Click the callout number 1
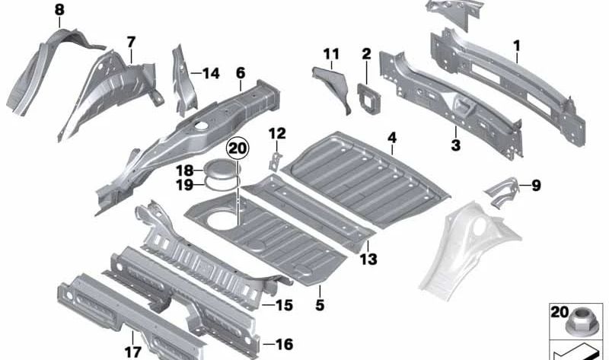517,47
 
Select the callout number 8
59,10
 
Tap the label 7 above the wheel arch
131,42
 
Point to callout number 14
210,74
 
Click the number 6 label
241,73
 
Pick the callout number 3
455,145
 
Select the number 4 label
392,138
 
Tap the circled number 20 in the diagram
238,148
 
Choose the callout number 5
320,306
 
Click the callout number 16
282,345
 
